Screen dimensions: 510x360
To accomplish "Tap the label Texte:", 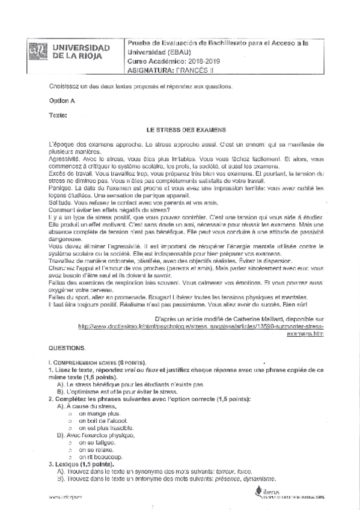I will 58,114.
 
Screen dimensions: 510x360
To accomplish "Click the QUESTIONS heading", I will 67,348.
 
